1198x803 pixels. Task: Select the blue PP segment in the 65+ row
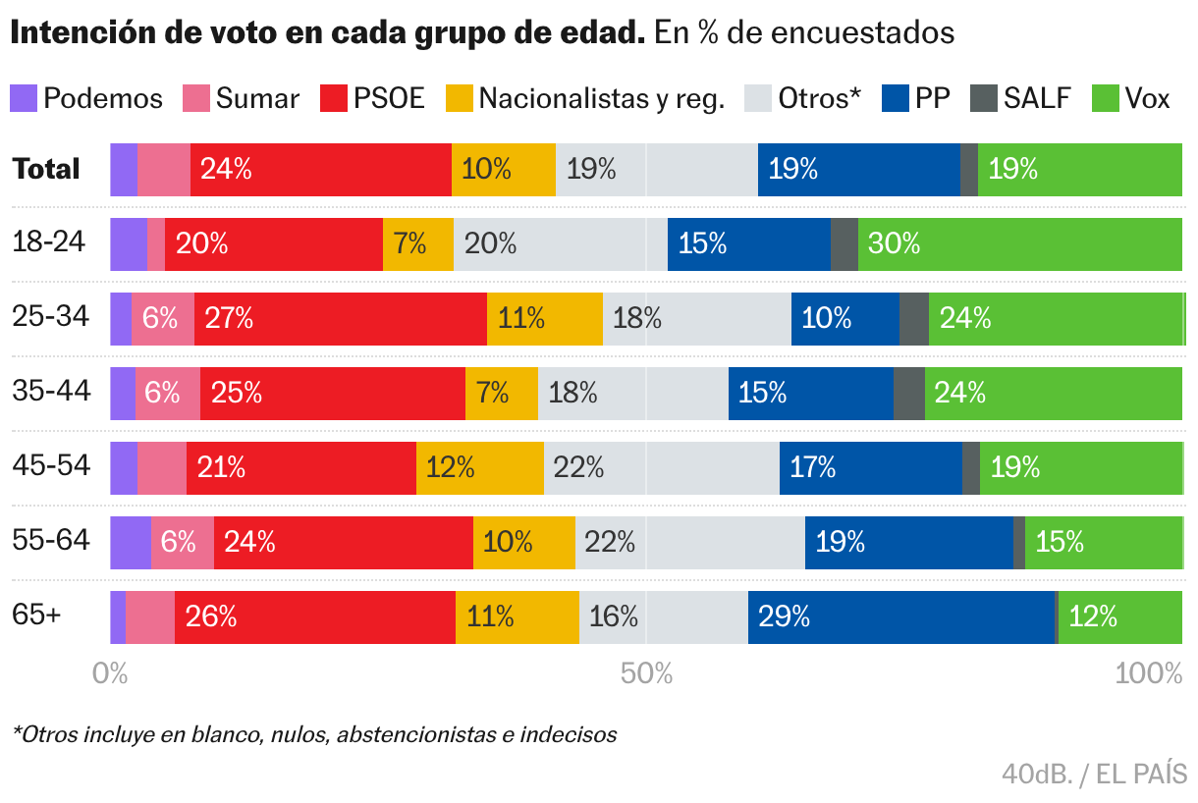click(x=900, y=617)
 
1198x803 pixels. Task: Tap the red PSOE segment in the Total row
click(x=320, y=170)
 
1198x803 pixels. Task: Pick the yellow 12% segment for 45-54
click(x=479, y=468)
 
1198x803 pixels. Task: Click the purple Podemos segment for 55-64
click(x=130, y=543)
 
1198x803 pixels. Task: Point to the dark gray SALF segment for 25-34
click(x=913, y=319)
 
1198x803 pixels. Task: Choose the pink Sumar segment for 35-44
click(x=167, y=394)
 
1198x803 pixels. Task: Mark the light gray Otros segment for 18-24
click(x=560, y=244)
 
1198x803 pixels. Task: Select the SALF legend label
click(x=1037, y=98)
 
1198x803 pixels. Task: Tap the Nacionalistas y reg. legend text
click(x=601, y=98)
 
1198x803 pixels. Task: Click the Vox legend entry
click(x=1147, y=98)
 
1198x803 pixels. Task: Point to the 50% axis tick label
click(x=647, y=674)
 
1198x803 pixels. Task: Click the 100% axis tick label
click(x=1149, y=674)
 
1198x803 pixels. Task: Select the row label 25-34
click(x=50, y=316)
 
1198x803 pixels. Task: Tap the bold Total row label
click(x=46, y=169)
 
